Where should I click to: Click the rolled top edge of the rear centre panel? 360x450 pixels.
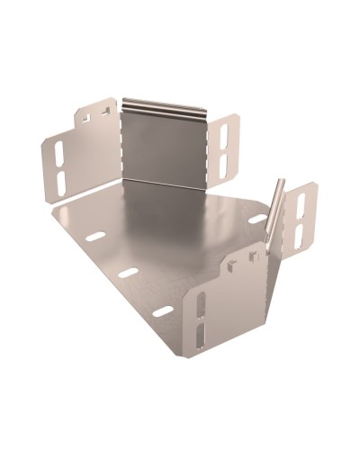166,104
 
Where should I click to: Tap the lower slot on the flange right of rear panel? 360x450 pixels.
224,163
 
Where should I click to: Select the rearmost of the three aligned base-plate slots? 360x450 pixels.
94,238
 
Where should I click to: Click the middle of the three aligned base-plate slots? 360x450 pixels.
129,272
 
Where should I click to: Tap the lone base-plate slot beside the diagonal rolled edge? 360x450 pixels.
258,219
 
